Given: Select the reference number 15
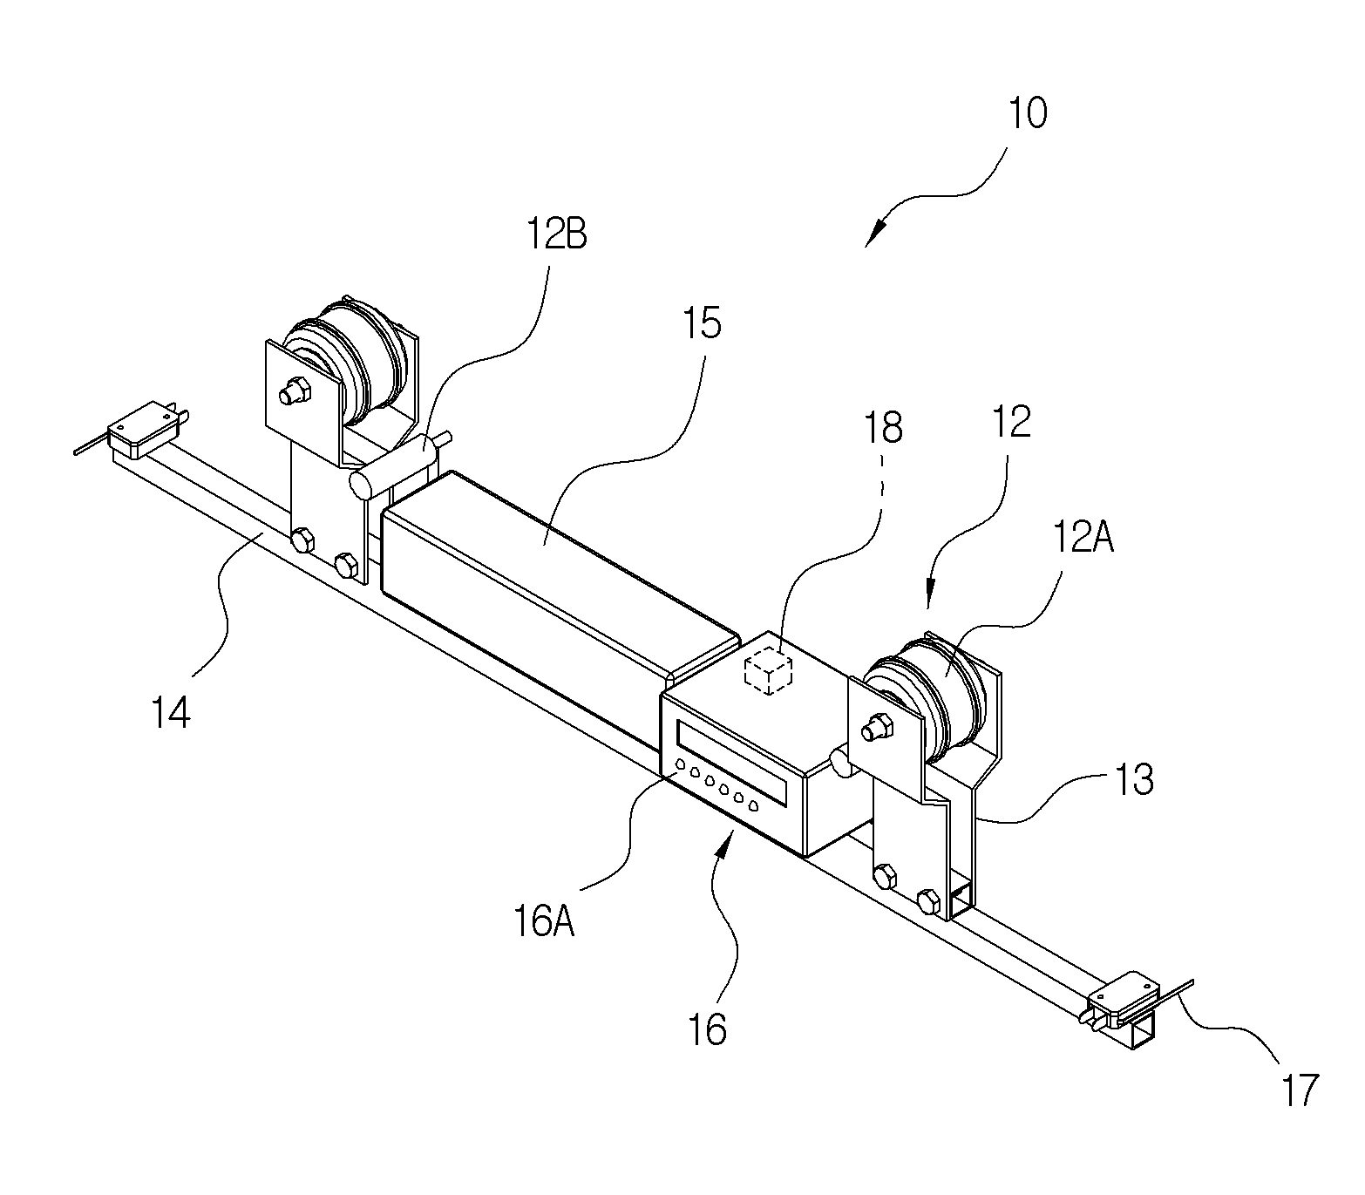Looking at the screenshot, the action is coord(702,323).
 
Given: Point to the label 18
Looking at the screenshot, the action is coord(883,428).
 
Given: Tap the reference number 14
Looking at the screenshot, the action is coord(172,712).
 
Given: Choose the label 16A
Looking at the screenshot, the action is coord(544,922).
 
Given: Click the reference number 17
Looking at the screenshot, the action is coord(1299,1090).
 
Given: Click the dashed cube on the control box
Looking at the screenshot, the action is coord(768,670).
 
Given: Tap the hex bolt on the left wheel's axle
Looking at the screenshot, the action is coord(295,391).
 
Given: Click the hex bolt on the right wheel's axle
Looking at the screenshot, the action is coord(876,727).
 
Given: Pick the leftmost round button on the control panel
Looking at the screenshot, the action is coord(681,764).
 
